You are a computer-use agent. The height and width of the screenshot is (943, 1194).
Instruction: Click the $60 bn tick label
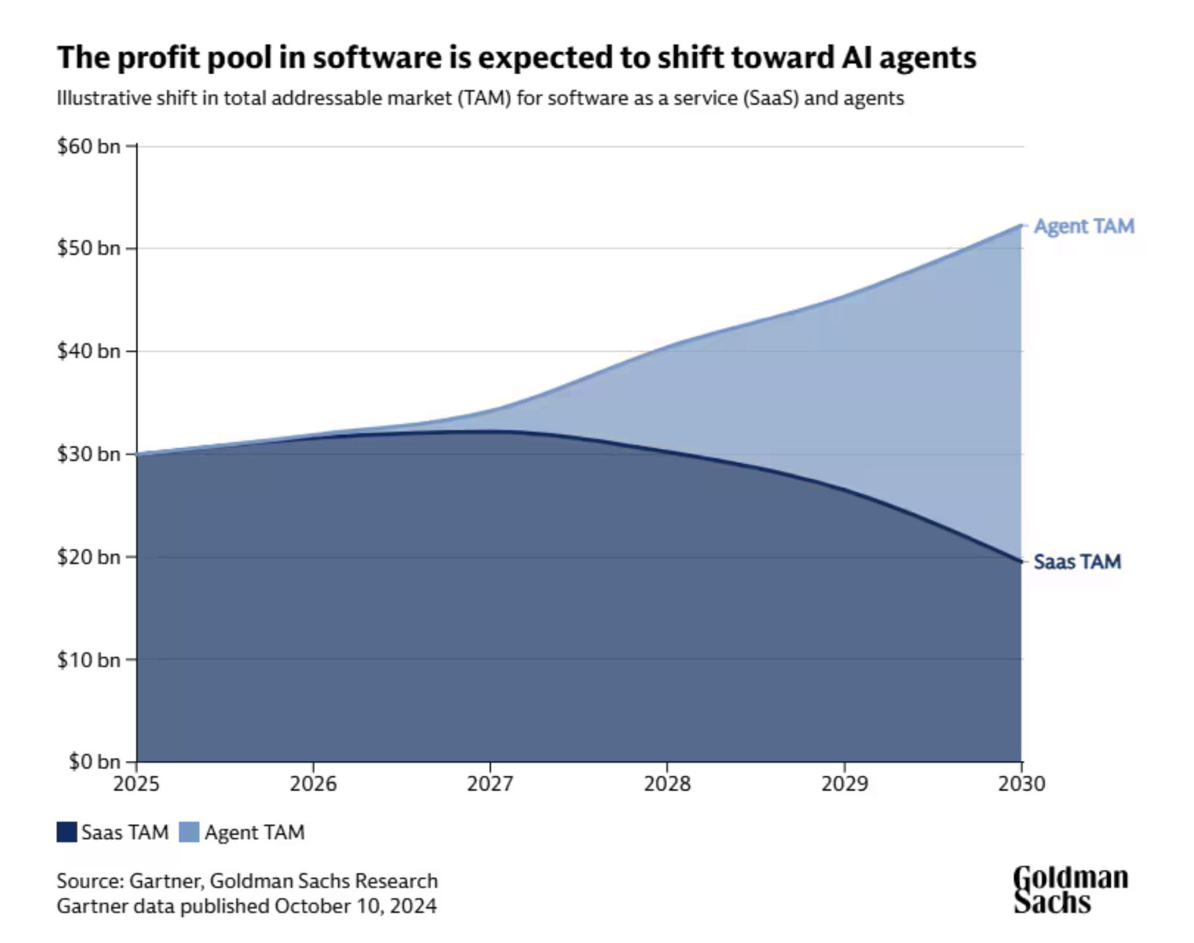[88, 147]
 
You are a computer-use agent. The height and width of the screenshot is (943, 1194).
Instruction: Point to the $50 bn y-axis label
[88, 248]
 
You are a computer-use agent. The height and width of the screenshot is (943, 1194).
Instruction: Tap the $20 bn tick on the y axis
[88, 557]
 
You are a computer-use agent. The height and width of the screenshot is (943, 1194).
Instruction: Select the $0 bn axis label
[94, 762]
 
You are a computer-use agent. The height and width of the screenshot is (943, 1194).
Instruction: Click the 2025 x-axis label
[136, 784]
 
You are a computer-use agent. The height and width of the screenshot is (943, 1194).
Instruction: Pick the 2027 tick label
[490, 784]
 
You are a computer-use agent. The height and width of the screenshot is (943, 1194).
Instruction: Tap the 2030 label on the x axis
[1021, 784]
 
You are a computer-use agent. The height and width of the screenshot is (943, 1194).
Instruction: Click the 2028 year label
[667, 784]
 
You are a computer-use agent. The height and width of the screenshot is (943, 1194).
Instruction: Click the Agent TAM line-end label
[1084, 226]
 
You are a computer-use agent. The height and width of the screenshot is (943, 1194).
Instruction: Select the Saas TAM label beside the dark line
[1077, 562]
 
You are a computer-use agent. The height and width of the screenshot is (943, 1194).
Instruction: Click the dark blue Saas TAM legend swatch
[67, 832]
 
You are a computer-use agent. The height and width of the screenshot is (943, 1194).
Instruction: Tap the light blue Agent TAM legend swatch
[189, 832]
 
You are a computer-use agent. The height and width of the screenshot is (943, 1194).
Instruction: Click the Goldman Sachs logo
[1070, 890]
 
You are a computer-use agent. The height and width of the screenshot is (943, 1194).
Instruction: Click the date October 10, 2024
[356, 906]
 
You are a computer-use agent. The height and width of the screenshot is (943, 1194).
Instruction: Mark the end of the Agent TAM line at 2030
[1021, 225]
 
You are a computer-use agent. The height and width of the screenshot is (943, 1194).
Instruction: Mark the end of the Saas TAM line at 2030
[1021, 562]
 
